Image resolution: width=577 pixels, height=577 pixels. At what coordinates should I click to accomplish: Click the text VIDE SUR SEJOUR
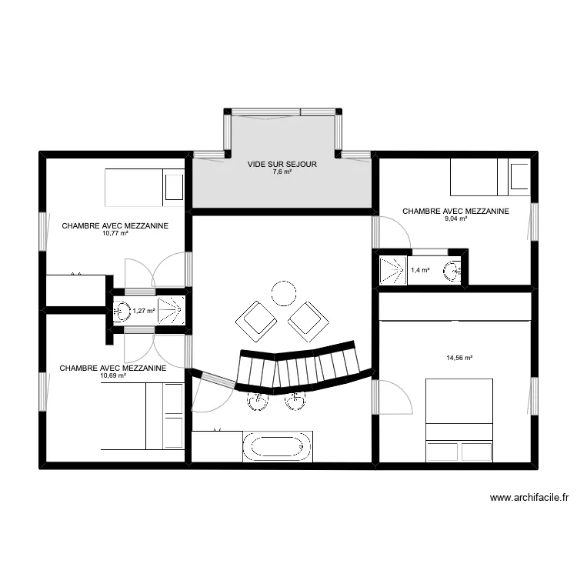282,165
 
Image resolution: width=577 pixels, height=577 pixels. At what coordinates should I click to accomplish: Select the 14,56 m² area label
459,358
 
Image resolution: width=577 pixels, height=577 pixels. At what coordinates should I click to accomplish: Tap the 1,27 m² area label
144,312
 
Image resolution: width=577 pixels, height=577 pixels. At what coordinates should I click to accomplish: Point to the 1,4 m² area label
420,270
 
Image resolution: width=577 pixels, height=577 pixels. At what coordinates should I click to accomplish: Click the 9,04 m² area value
455,218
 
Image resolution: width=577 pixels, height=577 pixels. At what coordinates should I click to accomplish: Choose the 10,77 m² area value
115,234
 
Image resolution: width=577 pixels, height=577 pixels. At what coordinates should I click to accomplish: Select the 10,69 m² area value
113,376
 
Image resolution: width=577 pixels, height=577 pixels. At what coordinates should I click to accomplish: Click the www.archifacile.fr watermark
529,498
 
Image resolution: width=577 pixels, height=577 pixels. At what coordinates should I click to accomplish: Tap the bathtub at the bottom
278,447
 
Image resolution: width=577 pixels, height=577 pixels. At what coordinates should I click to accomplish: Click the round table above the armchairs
283,292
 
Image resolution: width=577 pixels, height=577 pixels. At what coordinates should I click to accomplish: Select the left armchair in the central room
255,320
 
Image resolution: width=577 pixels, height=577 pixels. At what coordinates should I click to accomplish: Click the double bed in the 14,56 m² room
459,420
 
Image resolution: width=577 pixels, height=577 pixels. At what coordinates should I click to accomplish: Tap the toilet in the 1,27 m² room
122,312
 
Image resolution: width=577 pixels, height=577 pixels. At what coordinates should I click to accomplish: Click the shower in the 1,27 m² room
172,311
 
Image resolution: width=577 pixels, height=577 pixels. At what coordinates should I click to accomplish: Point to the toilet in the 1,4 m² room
454,270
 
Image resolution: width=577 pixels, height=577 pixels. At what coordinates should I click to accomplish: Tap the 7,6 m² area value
282,172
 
